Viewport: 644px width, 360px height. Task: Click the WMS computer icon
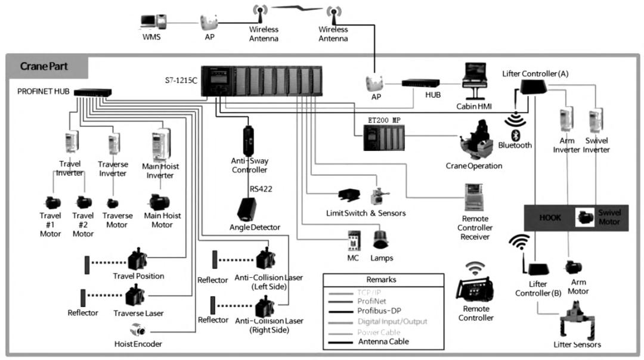click(151, 23)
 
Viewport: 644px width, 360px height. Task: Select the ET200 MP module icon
click(384, 139)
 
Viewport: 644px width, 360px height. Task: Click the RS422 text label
click(262, 189)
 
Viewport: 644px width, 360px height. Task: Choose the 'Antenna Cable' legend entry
click(383, 342)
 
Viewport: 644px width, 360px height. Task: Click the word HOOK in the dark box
click(550, 218)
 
